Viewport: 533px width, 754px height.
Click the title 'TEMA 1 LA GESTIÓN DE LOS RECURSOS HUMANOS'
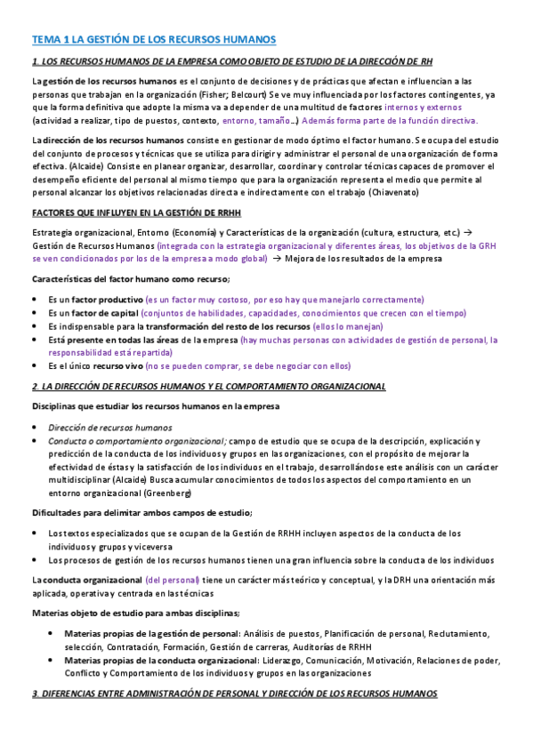coord(154,40)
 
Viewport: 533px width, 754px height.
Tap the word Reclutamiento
coord(459,634)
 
